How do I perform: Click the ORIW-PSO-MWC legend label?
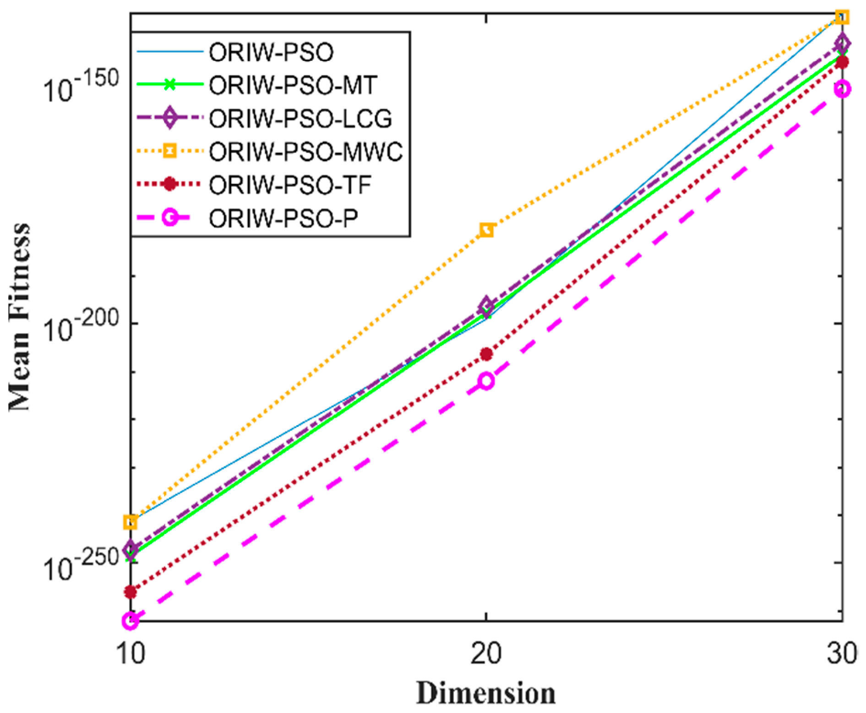click(305, 151)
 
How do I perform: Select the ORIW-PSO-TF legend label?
click(290, 185)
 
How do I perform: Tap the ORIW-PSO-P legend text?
click(283, 218)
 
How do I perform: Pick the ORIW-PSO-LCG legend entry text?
click(300, 118)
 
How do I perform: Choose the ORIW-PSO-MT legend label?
click(293, 85)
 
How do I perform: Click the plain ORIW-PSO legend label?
click(271, 52)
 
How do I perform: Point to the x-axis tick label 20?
click(486, 654)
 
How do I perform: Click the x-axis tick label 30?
click(842, 654)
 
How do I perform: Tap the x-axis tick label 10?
click(131, 654)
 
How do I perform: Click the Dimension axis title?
click(486, 693)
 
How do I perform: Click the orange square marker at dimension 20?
click(487, 230)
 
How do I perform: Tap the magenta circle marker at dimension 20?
click(486, 381)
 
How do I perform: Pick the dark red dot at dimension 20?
click(486, 354)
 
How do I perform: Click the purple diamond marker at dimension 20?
click(487, 305)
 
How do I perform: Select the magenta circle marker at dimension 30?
click(842, 89)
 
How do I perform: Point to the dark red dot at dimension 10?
click(131, 592)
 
